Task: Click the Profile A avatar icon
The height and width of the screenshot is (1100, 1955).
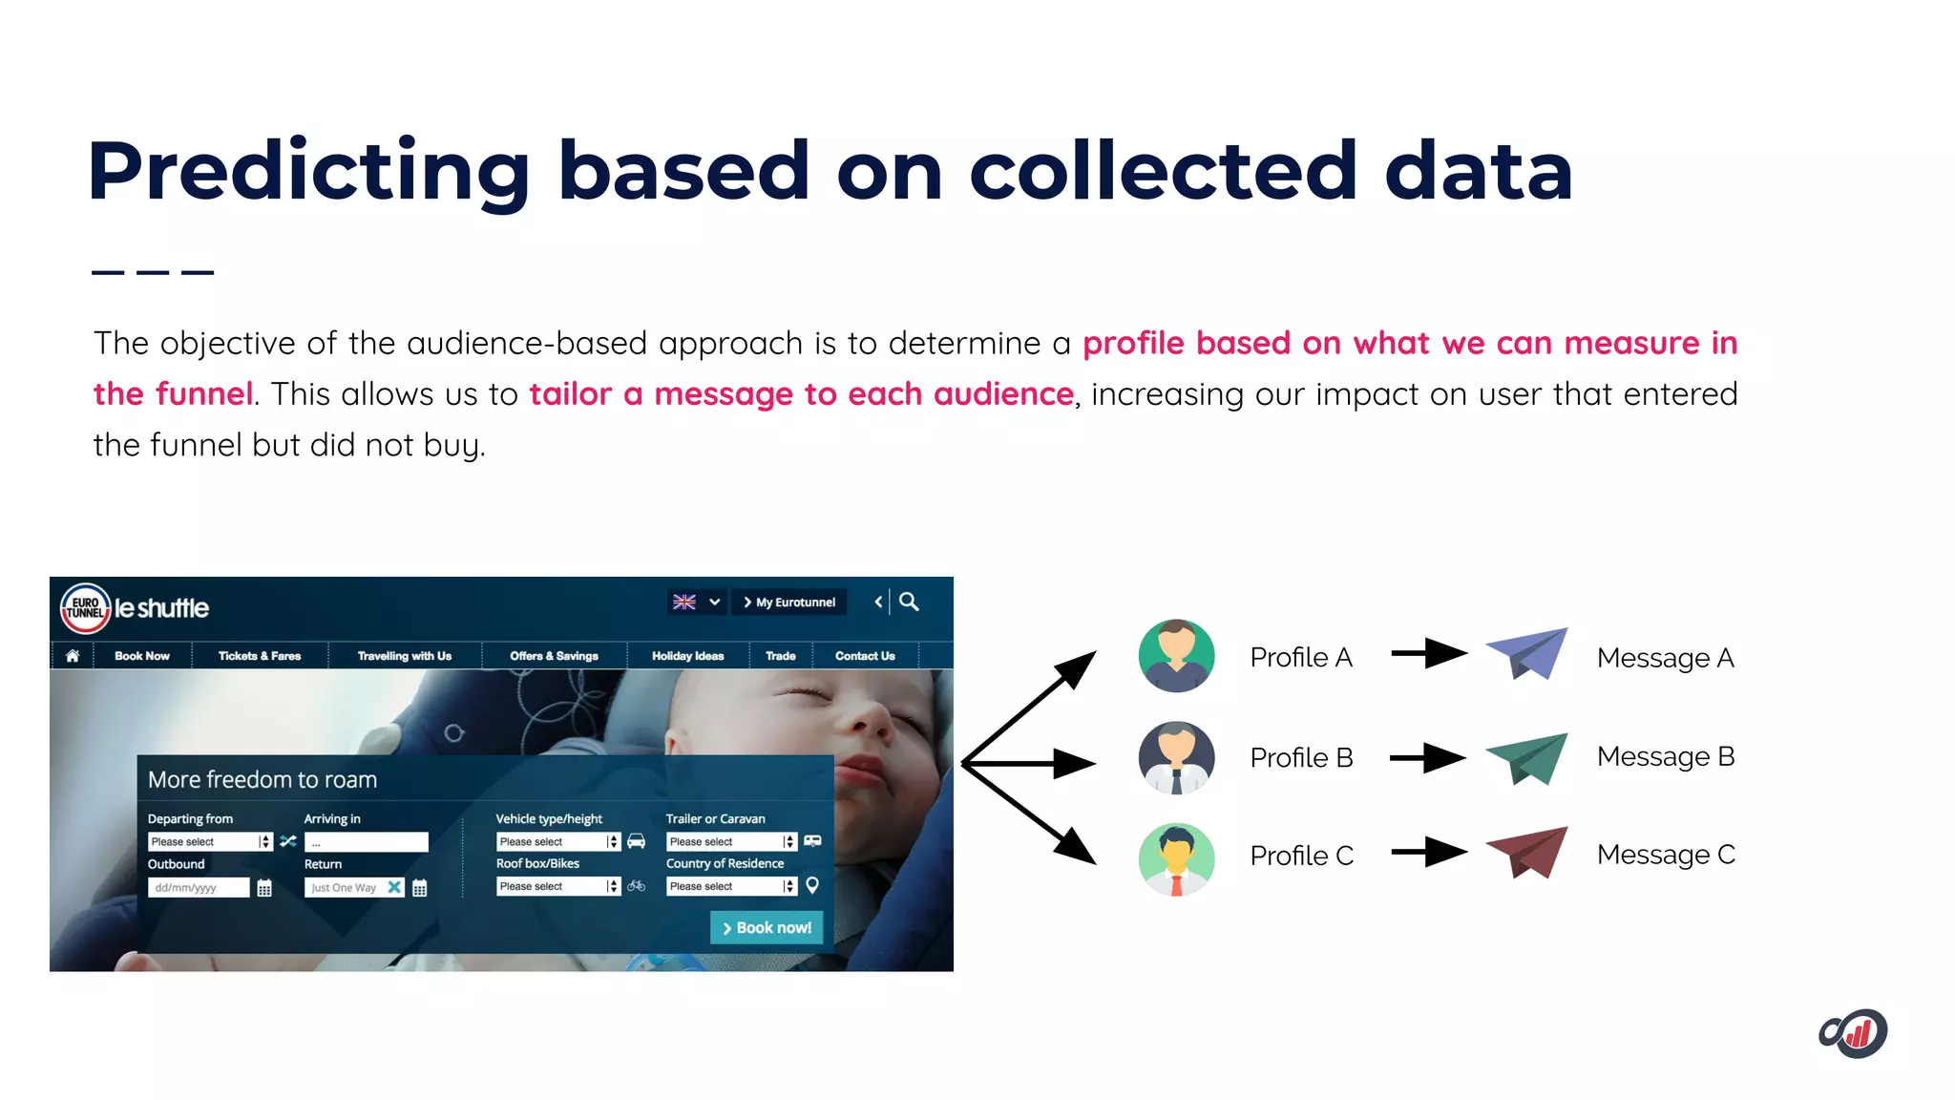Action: coord(1176,656)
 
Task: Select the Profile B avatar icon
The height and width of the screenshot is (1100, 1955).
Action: coord(1176,758)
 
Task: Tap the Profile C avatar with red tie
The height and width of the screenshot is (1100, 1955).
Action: coord(1176,858)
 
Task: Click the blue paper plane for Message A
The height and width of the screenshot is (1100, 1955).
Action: coord(1527,653)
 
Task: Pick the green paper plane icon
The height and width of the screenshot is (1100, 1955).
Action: coord(1527,757)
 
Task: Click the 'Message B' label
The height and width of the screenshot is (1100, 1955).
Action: coord(1665,756)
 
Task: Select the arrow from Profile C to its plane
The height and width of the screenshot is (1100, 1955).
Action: coord(1428,851)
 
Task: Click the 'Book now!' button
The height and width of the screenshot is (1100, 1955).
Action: coord(767,927)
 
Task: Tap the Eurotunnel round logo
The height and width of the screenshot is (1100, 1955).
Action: coord(86,608)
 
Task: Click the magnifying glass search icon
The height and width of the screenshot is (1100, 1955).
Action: coord(909,602)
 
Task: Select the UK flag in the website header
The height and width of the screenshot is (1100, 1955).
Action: coord(684,602)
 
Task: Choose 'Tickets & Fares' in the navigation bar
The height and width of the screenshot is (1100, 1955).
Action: coord(260,656)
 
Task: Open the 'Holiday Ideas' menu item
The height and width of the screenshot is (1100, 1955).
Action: coord(687,656)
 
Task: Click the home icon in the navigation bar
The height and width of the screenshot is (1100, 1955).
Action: coord(73,656)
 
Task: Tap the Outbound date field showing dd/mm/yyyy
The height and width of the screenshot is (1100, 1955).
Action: coord(199,887)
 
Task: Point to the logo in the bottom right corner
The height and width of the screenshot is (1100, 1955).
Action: coord(1853,1033)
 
